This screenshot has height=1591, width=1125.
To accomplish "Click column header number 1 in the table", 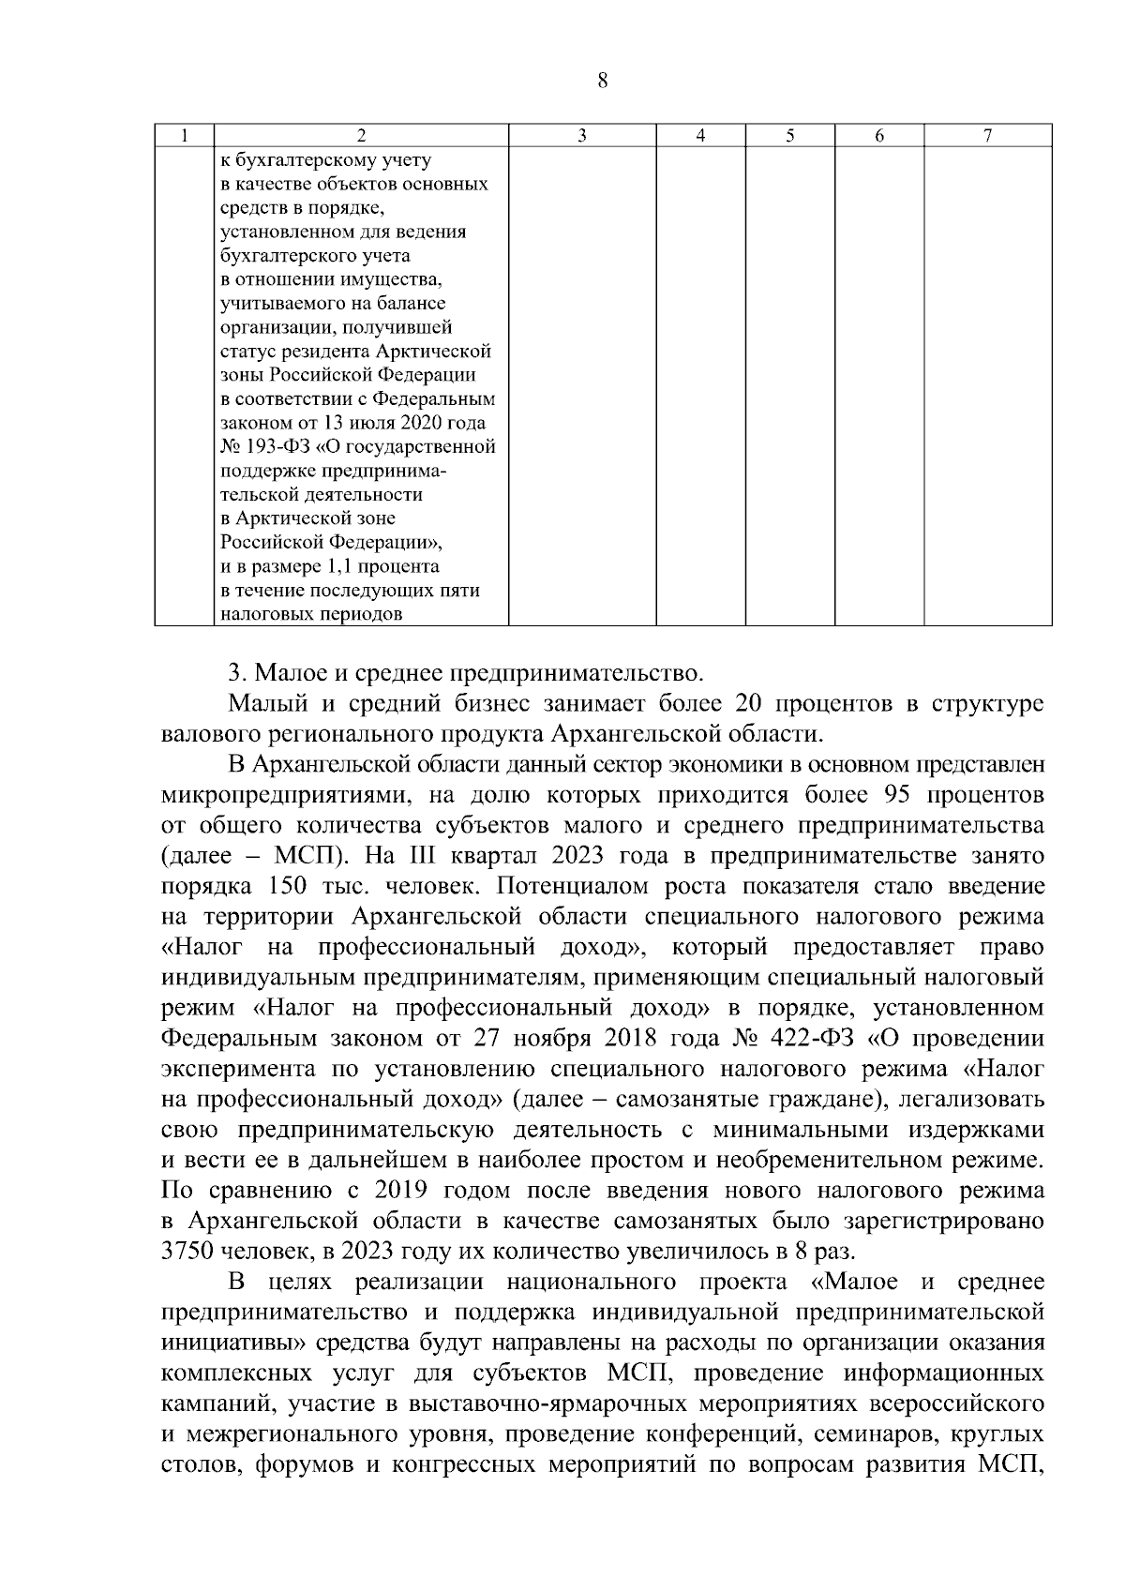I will tap(185, 136).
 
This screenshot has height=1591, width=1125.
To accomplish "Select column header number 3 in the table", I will tap(581, 136).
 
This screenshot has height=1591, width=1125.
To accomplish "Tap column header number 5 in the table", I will tap(789, 136).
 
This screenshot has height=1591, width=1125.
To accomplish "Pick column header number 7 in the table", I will tap(987, 136).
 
